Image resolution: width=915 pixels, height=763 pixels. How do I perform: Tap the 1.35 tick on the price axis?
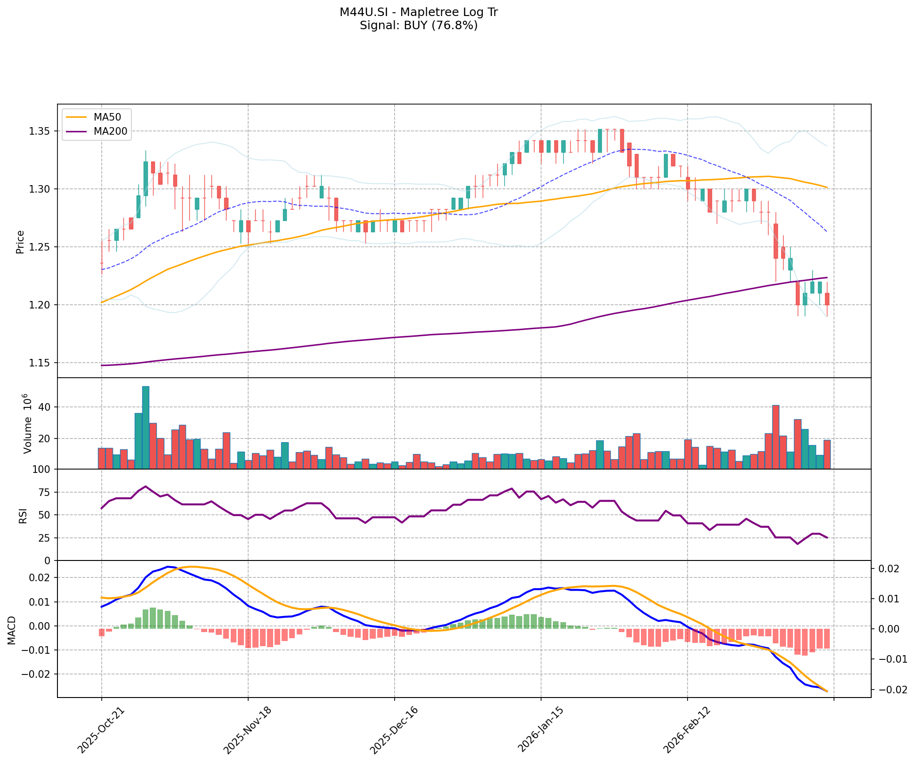click(x=41, y=131)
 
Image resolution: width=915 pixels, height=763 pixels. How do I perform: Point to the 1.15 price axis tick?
click(x=41, y=363)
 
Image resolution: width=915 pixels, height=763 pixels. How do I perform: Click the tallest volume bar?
click(x=146, y=427)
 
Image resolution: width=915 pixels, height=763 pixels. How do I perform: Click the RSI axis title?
click(x=23, y=515)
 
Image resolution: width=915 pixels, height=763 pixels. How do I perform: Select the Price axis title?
click(x=20, y=242)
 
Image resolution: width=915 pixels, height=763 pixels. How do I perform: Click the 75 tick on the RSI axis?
click(x=47, y=493)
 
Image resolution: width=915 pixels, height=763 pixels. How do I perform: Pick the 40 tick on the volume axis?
click(x=47, y=407)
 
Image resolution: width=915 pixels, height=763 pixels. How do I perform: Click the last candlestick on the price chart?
click(x=827, y=299)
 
